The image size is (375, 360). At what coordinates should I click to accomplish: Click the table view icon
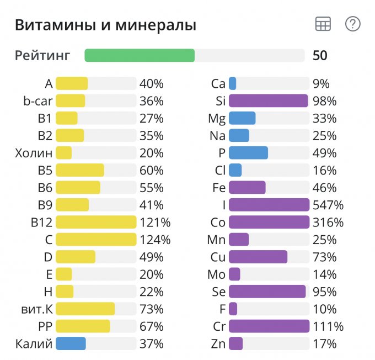click(x=323, y=24)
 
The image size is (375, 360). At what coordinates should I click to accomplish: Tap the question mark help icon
click(x=352, y=24)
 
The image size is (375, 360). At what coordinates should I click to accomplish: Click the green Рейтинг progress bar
click(x=140, y=55)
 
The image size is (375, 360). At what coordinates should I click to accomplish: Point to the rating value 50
click(x=319, y=55)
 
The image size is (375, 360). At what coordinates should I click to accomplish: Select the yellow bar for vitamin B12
click(x=96, y=223)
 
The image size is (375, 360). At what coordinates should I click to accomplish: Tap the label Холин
click(x=34, y=153)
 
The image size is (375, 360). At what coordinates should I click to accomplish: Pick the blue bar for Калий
click(x=71, y=343)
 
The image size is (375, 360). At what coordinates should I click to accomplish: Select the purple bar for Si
click(x=268, y=101)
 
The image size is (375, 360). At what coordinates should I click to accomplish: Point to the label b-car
click(x=37, y=101)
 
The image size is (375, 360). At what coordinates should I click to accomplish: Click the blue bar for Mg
click(x=242, y=118)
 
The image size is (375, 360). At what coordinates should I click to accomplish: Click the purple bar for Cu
click(x=258, y=257)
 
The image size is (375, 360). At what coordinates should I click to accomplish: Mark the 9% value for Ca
click(x=320, y=84)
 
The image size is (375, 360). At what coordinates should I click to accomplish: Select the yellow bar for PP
click(x=83, y=326)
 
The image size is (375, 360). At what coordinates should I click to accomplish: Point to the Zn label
click(x=218, y=343)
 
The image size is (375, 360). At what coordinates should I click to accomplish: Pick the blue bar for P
click(x=248, y=153)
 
